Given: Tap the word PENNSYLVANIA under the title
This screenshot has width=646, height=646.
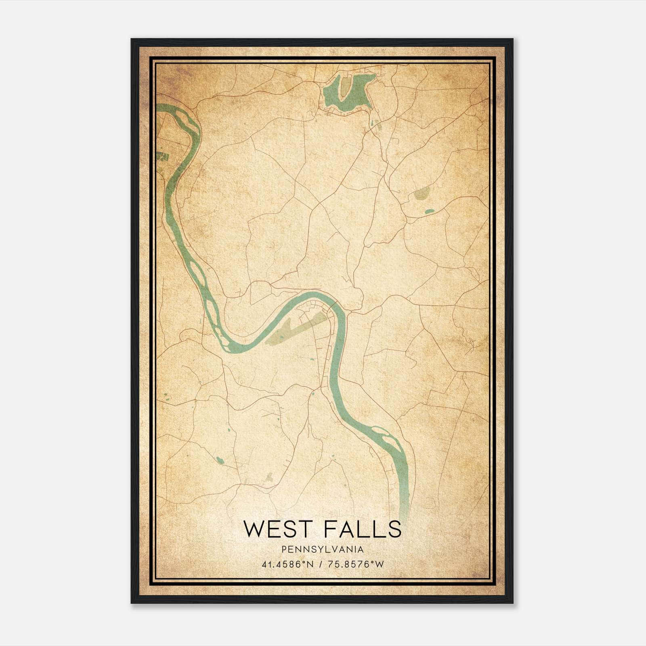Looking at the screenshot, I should pos(323,550).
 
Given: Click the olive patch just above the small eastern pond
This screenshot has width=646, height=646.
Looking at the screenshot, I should pos(421,194).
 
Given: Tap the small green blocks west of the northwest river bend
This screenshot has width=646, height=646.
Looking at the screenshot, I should pos(163,156).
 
